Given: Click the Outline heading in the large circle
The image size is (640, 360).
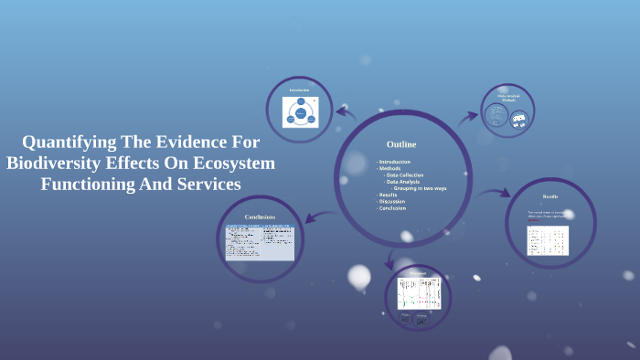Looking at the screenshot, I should (x=400, y=144).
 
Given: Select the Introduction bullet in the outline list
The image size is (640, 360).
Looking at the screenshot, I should (x=394, y=162).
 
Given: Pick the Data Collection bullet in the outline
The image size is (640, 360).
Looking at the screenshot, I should (x=406, y=175).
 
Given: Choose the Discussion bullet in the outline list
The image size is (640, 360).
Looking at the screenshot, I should (x=393, y=201).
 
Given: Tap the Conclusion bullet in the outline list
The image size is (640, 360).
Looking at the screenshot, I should (x=393, y=207).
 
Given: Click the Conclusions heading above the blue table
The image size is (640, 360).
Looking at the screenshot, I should (x=260, y=217).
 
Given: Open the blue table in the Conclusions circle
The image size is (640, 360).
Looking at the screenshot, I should (x=260, y=241).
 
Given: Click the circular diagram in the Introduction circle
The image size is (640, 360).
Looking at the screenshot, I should (x=299, y=113).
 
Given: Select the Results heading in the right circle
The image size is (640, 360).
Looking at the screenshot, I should (x=549, y=196).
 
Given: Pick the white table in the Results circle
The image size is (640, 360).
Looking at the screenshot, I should (x=548, y=240).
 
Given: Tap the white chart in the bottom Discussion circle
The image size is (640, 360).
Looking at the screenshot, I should (x=419, y=292).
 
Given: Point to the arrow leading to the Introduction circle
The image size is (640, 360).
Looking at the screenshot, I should (x=346, y=113).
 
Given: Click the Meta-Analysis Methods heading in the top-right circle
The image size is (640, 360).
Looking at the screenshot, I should (x=507, y=97).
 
